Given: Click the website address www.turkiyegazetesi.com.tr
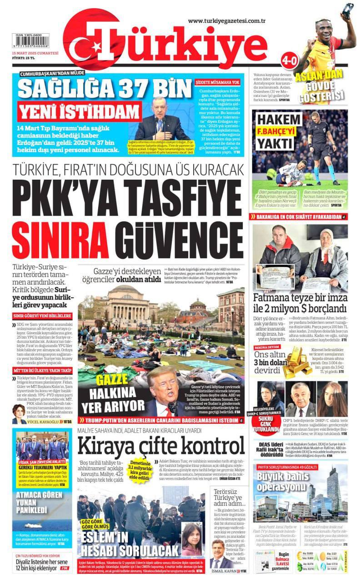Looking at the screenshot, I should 226,20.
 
